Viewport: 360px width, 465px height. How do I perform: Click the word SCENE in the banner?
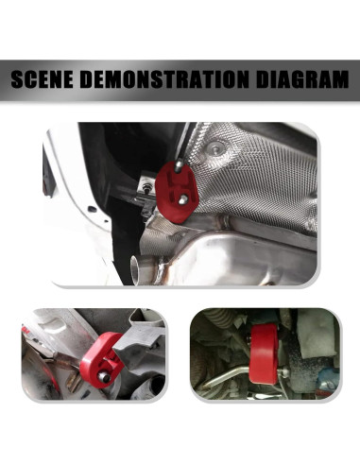tap(48, 82)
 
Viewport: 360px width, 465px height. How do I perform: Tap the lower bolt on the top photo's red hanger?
tap(183, 199)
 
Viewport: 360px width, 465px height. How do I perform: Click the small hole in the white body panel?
tap(91, 209)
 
